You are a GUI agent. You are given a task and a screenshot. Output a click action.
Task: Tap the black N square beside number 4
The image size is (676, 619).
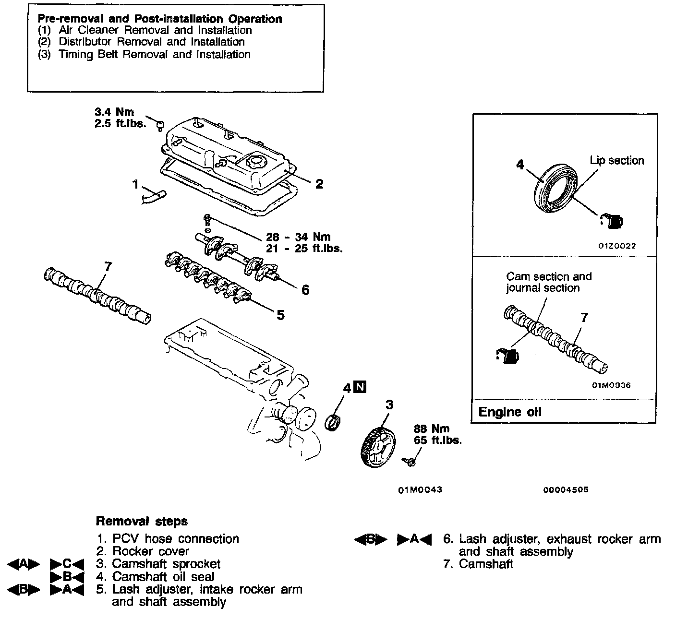pos(360,387)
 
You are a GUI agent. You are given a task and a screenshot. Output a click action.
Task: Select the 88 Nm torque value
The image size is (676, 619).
pos(431,429)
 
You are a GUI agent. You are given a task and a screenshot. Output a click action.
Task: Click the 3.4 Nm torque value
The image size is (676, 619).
pos(114,112)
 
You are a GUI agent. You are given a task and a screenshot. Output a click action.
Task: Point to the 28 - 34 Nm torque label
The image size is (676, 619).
pos(298,237)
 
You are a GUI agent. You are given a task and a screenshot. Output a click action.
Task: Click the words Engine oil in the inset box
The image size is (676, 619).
pos(509,412)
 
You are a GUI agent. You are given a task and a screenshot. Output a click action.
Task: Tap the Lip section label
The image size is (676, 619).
pos(616,161)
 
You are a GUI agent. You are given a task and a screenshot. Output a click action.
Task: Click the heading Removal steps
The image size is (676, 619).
pos(142,521)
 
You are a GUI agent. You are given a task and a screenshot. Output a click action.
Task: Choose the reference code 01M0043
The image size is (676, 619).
pos(420,490)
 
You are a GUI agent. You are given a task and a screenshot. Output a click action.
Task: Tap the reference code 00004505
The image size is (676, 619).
pos(566,490)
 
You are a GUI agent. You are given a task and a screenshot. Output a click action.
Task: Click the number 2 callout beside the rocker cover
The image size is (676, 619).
pos(319,184)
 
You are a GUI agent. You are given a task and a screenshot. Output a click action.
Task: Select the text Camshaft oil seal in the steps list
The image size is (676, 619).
pos(163,577)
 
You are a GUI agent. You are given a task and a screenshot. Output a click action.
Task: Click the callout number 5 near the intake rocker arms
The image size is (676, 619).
pos(280,315)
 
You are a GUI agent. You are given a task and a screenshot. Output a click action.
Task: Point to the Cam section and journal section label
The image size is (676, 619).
pos(549,282)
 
